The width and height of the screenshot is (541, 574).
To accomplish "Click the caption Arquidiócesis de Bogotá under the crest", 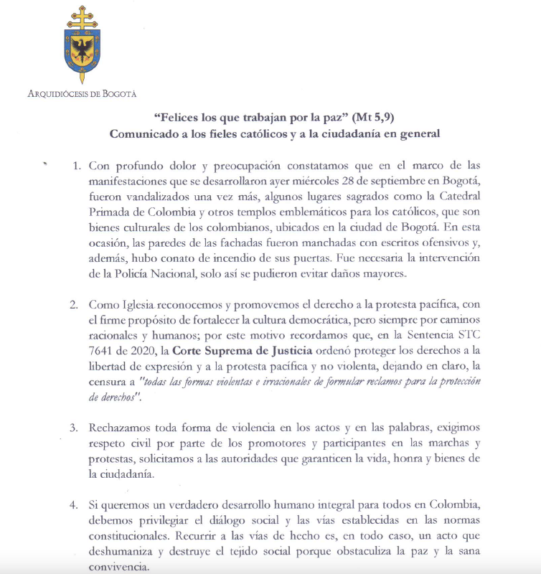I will point(81,93).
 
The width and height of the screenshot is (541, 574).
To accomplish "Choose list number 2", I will point(74,304).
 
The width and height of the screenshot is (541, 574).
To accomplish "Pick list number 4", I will point(74,504).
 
